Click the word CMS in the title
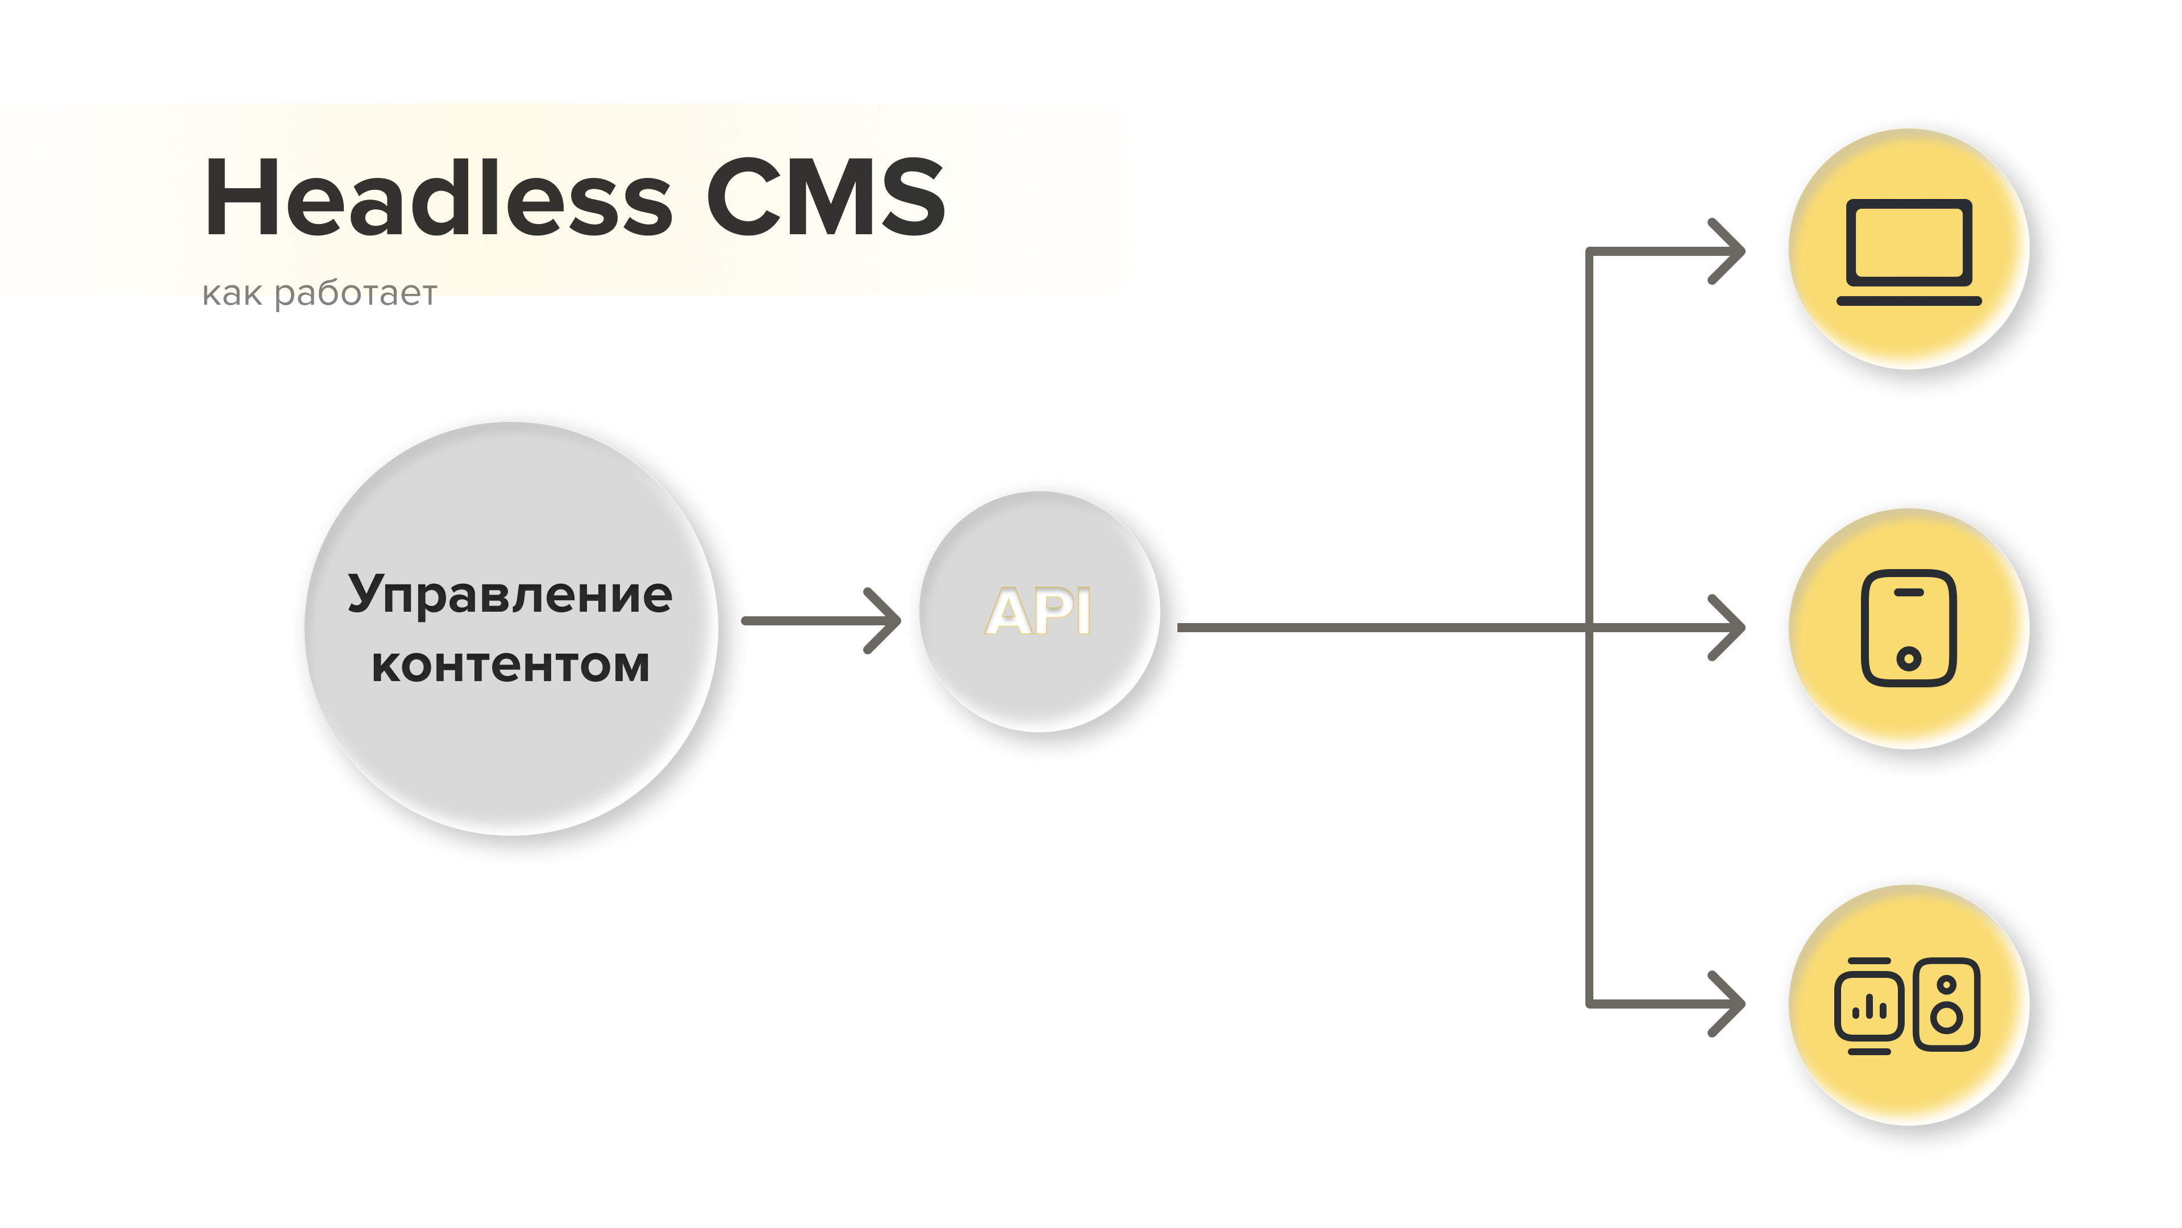tap(825, 197)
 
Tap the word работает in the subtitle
tap(356, 293)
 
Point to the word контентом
tap(510, 665)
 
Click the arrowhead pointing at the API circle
tap(886, 620)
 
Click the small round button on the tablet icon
tap(1909, 658)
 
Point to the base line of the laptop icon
tap(1909, 301)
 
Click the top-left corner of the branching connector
tap(1589, 251)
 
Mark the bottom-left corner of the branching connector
tap(1589, 1003)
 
